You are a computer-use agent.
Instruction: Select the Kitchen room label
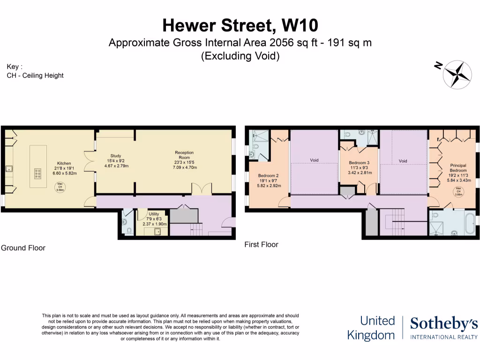click(x=64, y=164)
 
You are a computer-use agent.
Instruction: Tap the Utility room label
click(x=154, y=214)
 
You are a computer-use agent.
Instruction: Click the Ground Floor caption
click(x=23, y=247)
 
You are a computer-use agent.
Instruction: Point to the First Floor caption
click(x=261, y=244)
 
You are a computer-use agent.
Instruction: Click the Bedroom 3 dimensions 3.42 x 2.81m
click(x=360, y=172)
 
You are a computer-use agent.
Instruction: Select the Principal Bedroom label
click(x=458, y=168)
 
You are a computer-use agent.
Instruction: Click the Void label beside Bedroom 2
click(x=314, y=160)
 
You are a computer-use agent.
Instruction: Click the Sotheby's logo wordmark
click(x=443, y=324)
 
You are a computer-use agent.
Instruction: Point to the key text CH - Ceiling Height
click(x=35, y=75)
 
